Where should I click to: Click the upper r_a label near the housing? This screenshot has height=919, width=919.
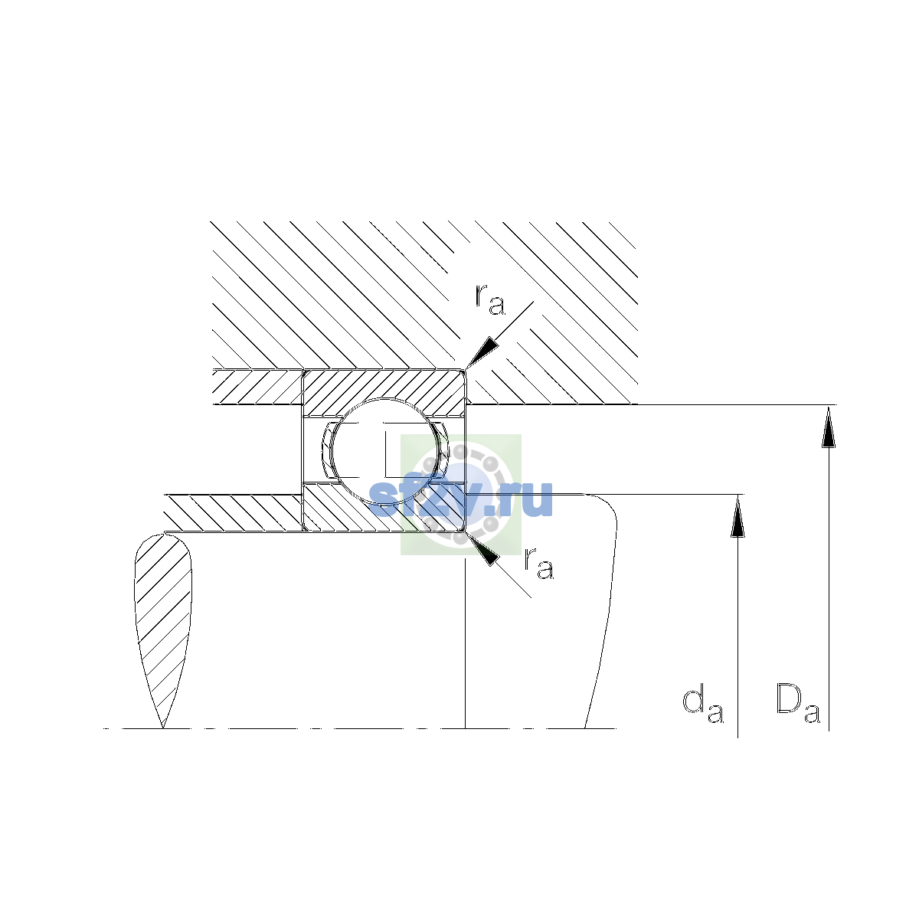pos(490,300)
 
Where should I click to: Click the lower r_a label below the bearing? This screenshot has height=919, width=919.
pos(539,564)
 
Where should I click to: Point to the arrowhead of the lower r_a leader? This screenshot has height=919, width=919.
pos(482,548)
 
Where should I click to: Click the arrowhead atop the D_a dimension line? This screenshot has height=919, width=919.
pos(829,427)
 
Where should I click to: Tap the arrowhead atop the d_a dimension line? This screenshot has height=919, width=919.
pos(737,516)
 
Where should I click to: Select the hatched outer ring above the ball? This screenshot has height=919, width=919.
pos(384,386)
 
